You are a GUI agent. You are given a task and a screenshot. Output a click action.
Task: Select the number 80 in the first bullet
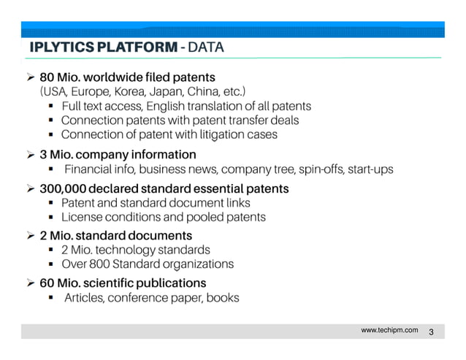tap(47, 76)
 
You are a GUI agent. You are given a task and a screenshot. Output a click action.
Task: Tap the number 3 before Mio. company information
tap(43, 155)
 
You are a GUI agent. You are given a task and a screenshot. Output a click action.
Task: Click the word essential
tap(223, 189)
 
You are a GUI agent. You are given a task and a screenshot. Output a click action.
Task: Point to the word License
tap(81, 217)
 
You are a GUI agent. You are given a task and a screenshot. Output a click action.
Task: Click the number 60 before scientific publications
tap(47, 283)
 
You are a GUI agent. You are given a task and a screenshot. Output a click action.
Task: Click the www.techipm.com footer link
tap(390, 331)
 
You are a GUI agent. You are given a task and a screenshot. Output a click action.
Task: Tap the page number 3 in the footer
tap(432, 333)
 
